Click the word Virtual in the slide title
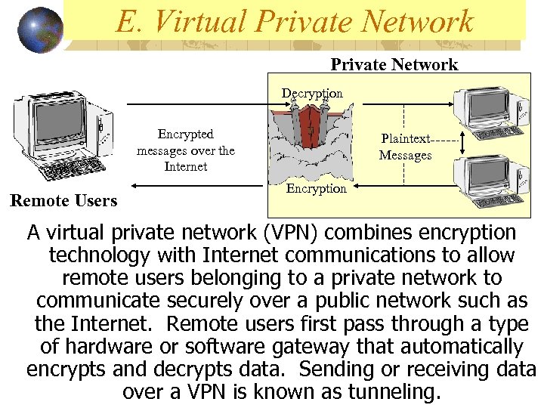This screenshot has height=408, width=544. click(199, 22)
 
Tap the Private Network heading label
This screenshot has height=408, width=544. click(394, 64)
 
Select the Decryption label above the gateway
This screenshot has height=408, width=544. click(312, 93)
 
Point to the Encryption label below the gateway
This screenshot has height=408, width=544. click(316, 188)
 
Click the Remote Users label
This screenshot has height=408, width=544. click(63, 200)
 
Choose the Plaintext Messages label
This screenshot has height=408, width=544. click(406, 147)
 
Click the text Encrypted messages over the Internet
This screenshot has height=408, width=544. click(185, 150)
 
